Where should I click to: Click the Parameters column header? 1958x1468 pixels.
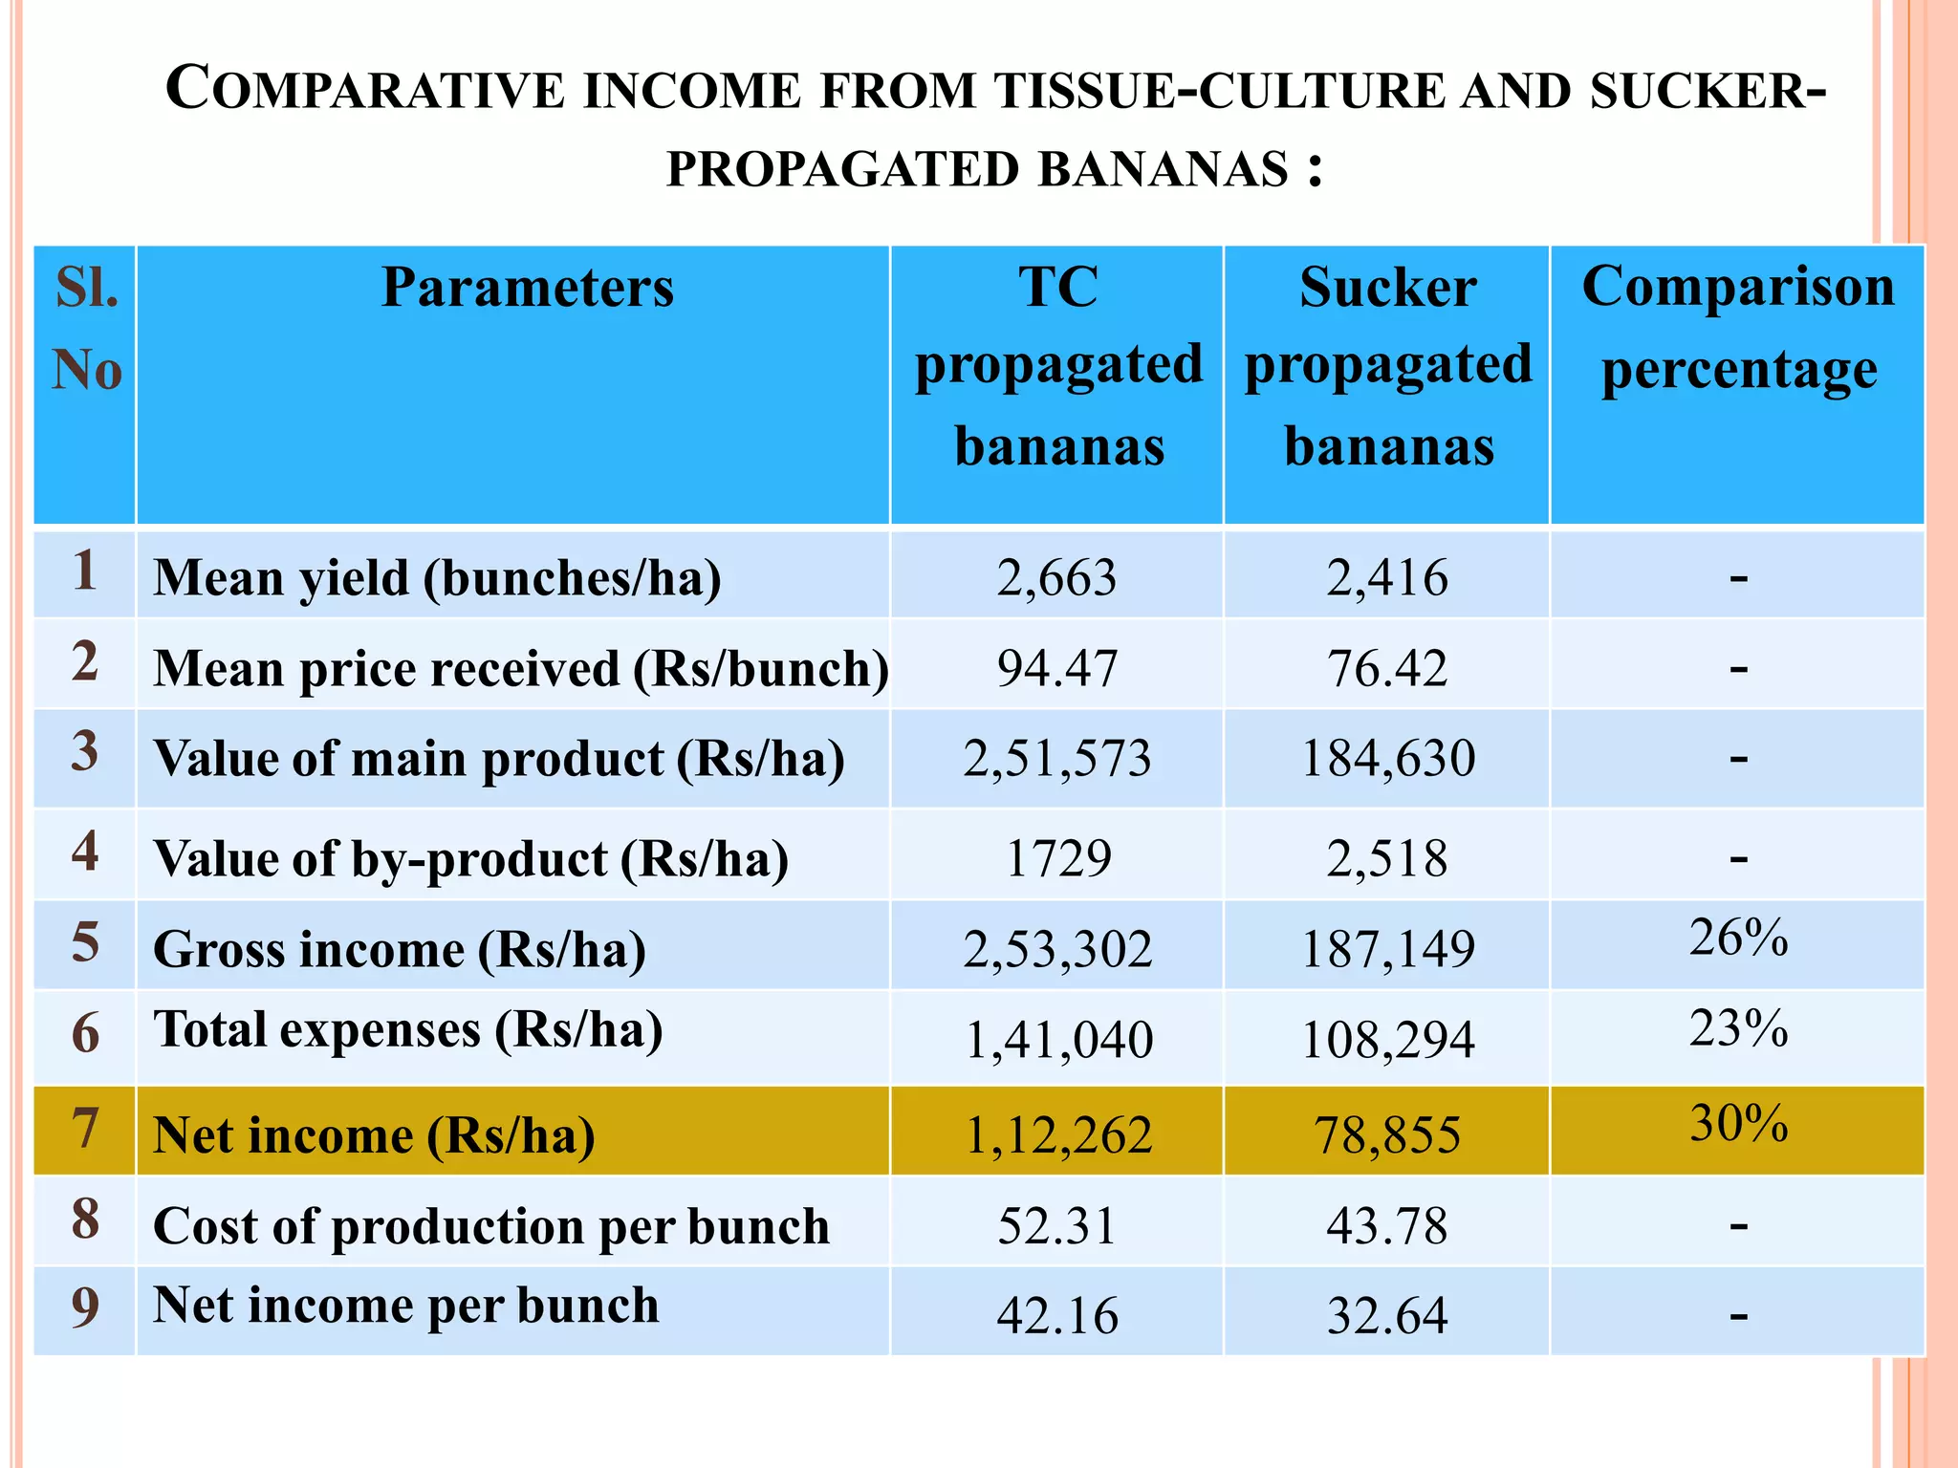tap(527, 287)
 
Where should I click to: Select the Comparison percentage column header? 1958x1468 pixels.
tap(1737, 327)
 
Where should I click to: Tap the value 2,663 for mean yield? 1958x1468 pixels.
tap(1056, 578)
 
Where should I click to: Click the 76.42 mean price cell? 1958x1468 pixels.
tap(1386, 668)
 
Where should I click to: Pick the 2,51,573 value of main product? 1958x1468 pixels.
tap(1056, 759)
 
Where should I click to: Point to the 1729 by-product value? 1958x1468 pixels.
tap(1057, 858)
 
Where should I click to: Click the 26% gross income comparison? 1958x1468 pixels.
tap(1737, 938)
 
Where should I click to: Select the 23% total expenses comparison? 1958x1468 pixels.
tap(1737, 1029)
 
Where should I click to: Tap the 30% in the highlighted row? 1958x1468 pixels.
tap(1737, 1123)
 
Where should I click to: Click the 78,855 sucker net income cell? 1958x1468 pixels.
tap(1386, 1135)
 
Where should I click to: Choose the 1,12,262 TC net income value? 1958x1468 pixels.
tap(1058, 1135)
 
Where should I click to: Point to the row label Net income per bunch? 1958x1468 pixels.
tap(405, 1306)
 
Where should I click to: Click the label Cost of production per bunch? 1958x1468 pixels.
tap(490, 1226)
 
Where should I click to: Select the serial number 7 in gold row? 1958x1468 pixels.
tap(85, 1129)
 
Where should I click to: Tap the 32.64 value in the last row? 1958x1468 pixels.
tap(1386, 1316)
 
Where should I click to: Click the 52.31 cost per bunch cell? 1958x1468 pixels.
tap(1056, 1226)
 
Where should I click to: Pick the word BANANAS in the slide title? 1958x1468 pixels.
tap(1163, 170)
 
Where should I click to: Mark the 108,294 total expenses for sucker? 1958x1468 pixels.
tap(1387, 1041)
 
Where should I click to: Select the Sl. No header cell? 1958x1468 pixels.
tap(86, 327)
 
